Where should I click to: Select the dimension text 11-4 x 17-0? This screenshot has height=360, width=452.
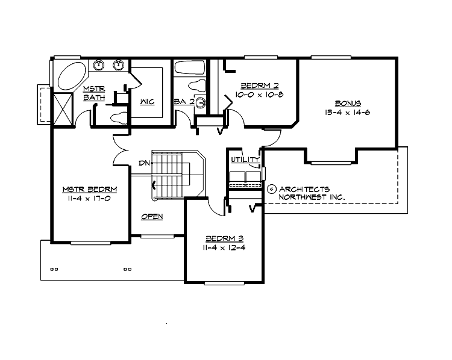(x=89, y=197)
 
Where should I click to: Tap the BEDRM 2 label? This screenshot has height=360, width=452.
(x=259, y=85)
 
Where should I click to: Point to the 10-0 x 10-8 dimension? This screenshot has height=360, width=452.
(x=259, y=95)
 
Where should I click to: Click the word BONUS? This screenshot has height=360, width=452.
(x=348, y=103)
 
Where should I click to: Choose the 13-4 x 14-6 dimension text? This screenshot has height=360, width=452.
(x=348, y=112)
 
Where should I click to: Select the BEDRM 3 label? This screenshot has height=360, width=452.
(x=224, y=238)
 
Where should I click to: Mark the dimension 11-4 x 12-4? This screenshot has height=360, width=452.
(x=224, y=247)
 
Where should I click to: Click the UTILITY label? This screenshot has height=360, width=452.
(x=245, y=160)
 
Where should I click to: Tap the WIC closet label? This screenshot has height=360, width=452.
(x=147, y=102)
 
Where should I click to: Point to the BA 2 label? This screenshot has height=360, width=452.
(x=184, y=102)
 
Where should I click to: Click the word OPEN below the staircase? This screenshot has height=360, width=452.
(x=152, y=217)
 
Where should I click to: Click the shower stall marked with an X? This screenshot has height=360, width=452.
(x=63, y=108)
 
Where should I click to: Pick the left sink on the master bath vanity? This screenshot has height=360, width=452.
(x=100, y=64)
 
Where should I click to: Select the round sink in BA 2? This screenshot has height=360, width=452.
(x=201, y=102)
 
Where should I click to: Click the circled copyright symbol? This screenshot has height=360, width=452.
(x=271, y=189)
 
